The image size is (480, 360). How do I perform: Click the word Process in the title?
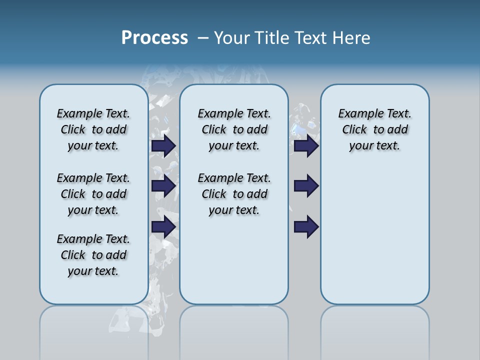tap(154, 37)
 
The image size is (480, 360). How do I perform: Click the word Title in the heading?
tap(272, 37)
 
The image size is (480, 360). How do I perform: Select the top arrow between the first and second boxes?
tap(163, 145)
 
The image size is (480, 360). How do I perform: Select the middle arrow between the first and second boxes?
tap(163, 186)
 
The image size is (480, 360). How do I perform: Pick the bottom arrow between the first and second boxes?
tap(163, 226)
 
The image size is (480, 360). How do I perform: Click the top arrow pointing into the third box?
tap(306, 145)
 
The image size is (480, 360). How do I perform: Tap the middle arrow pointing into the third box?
tap(306, 186)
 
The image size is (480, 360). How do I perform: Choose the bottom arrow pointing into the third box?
tap(306, 226)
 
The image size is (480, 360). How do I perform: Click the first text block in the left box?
tap(93, 129)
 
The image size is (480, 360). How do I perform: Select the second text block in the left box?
tap(93, 194)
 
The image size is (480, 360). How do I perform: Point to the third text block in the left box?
tap(93, 255)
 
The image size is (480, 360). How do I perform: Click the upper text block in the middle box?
tap(234, 129)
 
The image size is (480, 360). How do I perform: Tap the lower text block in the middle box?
tap(234, 194)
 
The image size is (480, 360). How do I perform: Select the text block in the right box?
tap(374, 129)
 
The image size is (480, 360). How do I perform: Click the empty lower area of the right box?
tap(374, 240)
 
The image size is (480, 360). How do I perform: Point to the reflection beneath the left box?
tap(93, 330)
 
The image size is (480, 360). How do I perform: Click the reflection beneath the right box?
tap(374, 330)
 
